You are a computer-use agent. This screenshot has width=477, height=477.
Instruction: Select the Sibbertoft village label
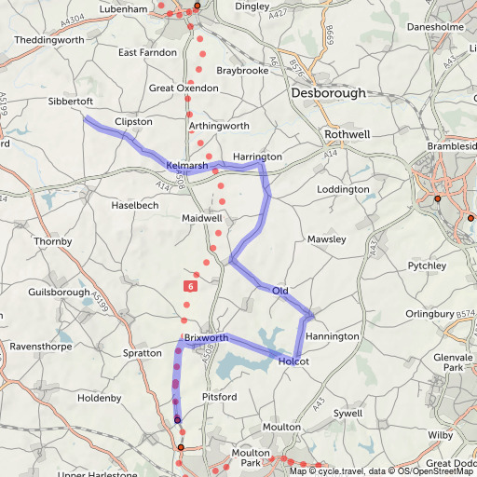[72, 101]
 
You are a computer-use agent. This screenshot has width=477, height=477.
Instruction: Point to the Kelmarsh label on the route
[186, 165]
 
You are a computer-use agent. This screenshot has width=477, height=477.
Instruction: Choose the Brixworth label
[206, 337]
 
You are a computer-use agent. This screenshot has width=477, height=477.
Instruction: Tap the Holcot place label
[293, 361]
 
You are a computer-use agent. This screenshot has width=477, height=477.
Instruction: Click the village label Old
[279, 292]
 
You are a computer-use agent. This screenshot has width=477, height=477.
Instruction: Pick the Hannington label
[333, 335]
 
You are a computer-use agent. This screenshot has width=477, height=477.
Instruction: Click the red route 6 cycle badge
[190, 287]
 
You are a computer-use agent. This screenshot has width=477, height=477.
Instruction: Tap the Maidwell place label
[202, 218]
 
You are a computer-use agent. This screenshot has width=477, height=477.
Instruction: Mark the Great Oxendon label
[184, 88]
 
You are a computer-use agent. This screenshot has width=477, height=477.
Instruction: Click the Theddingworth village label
[49, 41]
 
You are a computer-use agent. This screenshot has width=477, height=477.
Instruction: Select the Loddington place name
[344, 189]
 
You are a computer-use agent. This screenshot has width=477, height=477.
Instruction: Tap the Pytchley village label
[428, 266]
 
